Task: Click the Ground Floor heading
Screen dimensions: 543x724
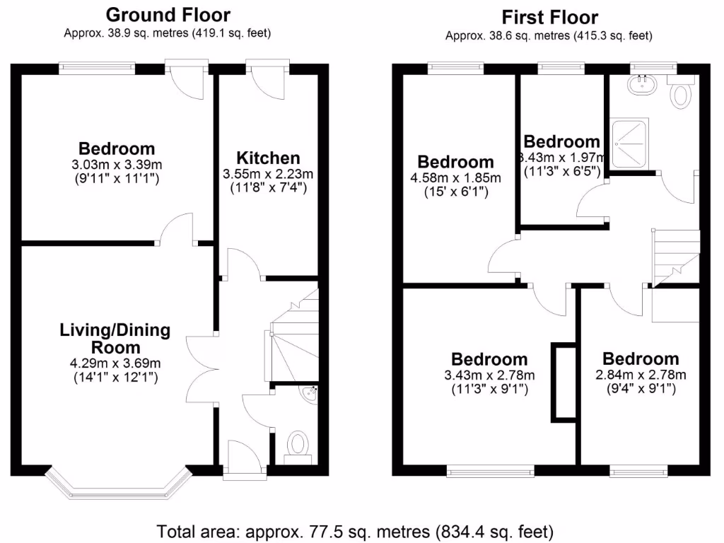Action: [x=168, y=15]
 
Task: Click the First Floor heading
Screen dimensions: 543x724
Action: [x=549, y=17]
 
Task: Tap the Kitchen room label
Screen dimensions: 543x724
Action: [x=268, y=158]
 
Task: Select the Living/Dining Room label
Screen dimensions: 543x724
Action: [x=115, y=338]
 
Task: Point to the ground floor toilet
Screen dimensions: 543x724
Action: [x=299, y=445]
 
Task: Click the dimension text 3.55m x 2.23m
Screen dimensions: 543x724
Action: [x=268, y=174]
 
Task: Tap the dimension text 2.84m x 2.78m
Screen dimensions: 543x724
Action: [x=641, y=374]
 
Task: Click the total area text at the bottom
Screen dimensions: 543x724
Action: [x=356, y=530]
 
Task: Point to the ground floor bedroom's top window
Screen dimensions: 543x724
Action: [x=97, y=69]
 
